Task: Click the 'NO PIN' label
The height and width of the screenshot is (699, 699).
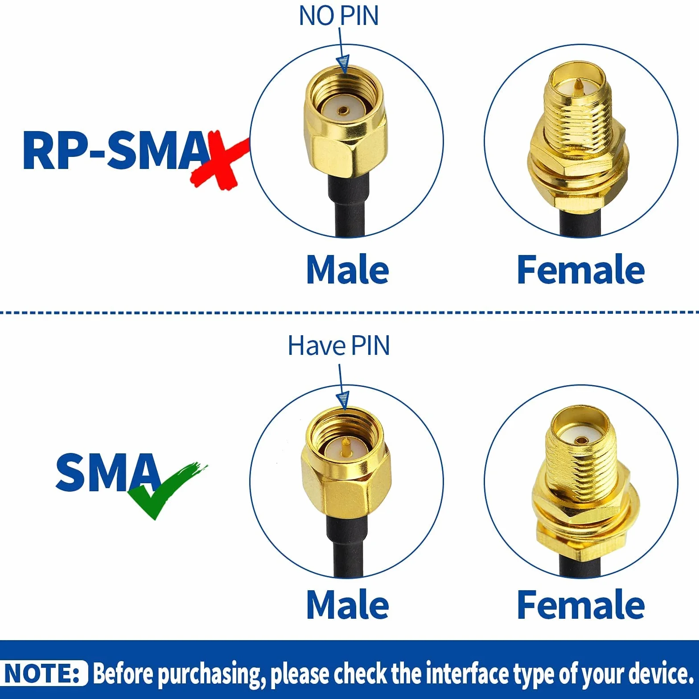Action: [339, 16]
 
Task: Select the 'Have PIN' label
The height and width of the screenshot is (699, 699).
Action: [339, 345]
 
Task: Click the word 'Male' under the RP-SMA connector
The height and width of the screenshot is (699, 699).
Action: [348, 270]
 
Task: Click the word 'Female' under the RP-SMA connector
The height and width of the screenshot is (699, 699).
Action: [581, 270]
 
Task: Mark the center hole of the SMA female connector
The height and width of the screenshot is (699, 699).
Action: [580, 440]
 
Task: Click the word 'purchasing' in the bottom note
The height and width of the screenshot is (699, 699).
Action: [209, 674]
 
